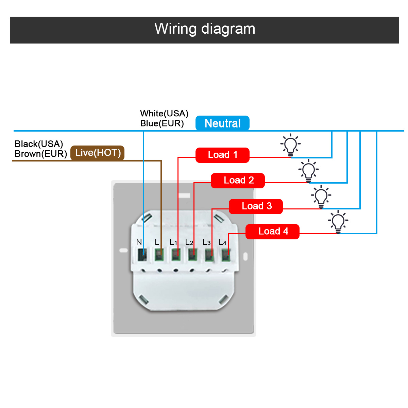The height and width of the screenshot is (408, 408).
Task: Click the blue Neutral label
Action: (222, 123)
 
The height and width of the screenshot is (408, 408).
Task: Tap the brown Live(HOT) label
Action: (97, 152)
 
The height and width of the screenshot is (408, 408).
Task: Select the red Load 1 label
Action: (222, 155)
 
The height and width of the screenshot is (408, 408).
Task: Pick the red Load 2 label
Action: (238, 181)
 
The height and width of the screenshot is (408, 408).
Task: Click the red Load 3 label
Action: (256, 206)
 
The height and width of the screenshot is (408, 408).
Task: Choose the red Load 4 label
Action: (272, 231)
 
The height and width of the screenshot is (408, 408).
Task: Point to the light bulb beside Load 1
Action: (290, 145)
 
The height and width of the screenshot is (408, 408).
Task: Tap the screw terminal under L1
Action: (175, 255)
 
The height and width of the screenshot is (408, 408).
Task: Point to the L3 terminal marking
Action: (206, 242)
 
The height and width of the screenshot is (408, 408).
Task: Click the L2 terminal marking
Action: (189, 242)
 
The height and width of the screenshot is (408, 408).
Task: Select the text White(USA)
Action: (164, 113)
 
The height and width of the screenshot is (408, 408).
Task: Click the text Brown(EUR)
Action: (41, 153)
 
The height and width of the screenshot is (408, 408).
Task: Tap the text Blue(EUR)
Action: (161, 123)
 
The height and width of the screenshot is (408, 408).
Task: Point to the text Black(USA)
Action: (39, 144)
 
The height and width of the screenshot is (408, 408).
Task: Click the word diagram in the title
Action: (228, 29)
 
